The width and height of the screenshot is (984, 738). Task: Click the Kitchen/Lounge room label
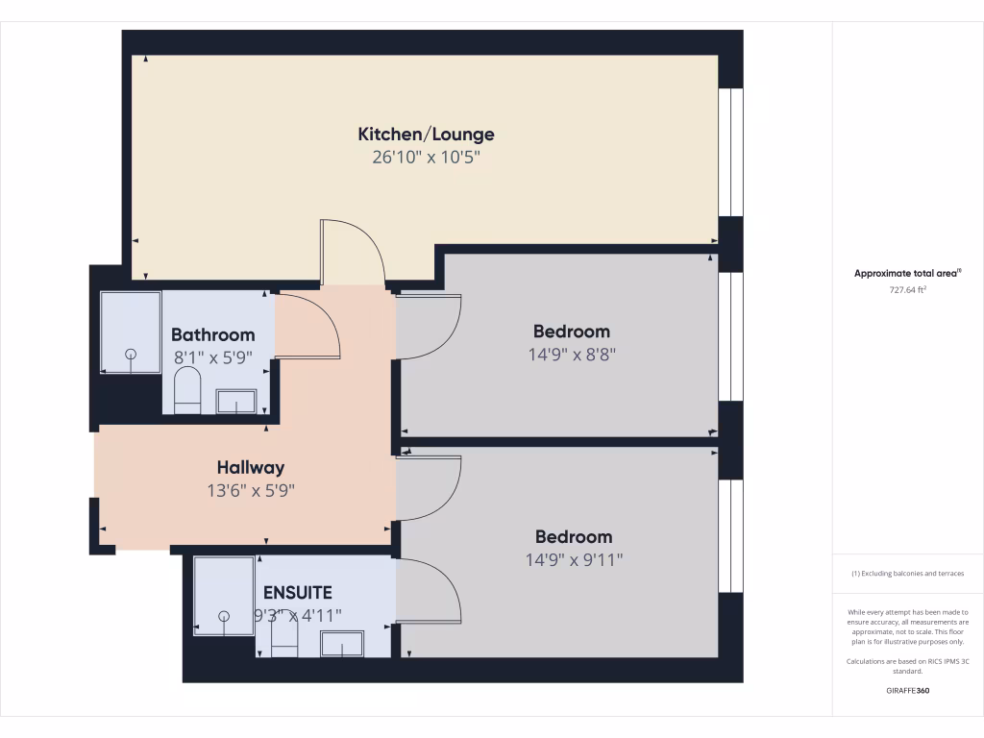pos(426,135)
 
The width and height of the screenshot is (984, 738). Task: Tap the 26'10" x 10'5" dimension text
pos(426,158)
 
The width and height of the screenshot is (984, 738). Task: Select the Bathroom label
pos(213,335)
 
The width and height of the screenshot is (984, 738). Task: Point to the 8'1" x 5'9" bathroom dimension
pos(213,357)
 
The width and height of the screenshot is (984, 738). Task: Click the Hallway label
pos(251,468)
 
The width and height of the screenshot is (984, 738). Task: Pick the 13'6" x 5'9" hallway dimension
pos(251,490)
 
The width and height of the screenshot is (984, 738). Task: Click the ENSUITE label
pos(298,593)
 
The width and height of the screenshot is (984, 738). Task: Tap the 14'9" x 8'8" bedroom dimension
pos(572,354)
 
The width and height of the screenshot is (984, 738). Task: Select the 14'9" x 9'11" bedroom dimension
pos(573,559)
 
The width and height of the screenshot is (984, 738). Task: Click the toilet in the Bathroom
pos(186,392)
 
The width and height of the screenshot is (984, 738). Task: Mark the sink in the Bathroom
pos(235,401)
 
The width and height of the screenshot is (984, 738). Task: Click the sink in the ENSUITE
pos(341,643)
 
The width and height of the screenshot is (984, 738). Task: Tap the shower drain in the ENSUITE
pos(224,616)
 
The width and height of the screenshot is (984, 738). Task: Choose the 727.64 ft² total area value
pos(908,289)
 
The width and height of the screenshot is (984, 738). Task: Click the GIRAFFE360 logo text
pos(908,691)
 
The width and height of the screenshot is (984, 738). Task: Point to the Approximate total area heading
pos(908,274)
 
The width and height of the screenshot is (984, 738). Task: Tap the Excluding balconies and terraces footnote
pos(908,574)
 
